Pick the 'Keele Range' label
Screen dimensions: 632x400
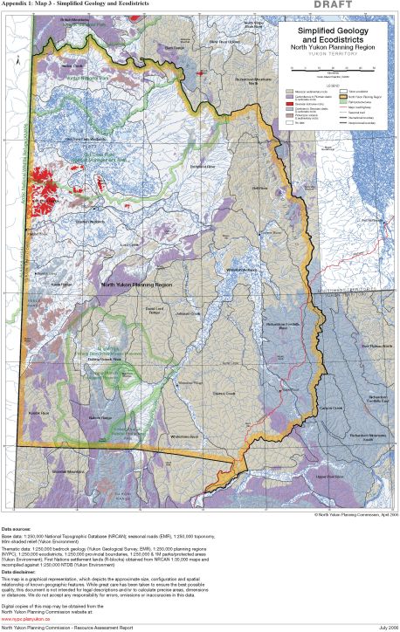[61, 284]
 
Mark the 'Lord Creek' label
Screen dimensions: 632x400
[129, 245]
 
